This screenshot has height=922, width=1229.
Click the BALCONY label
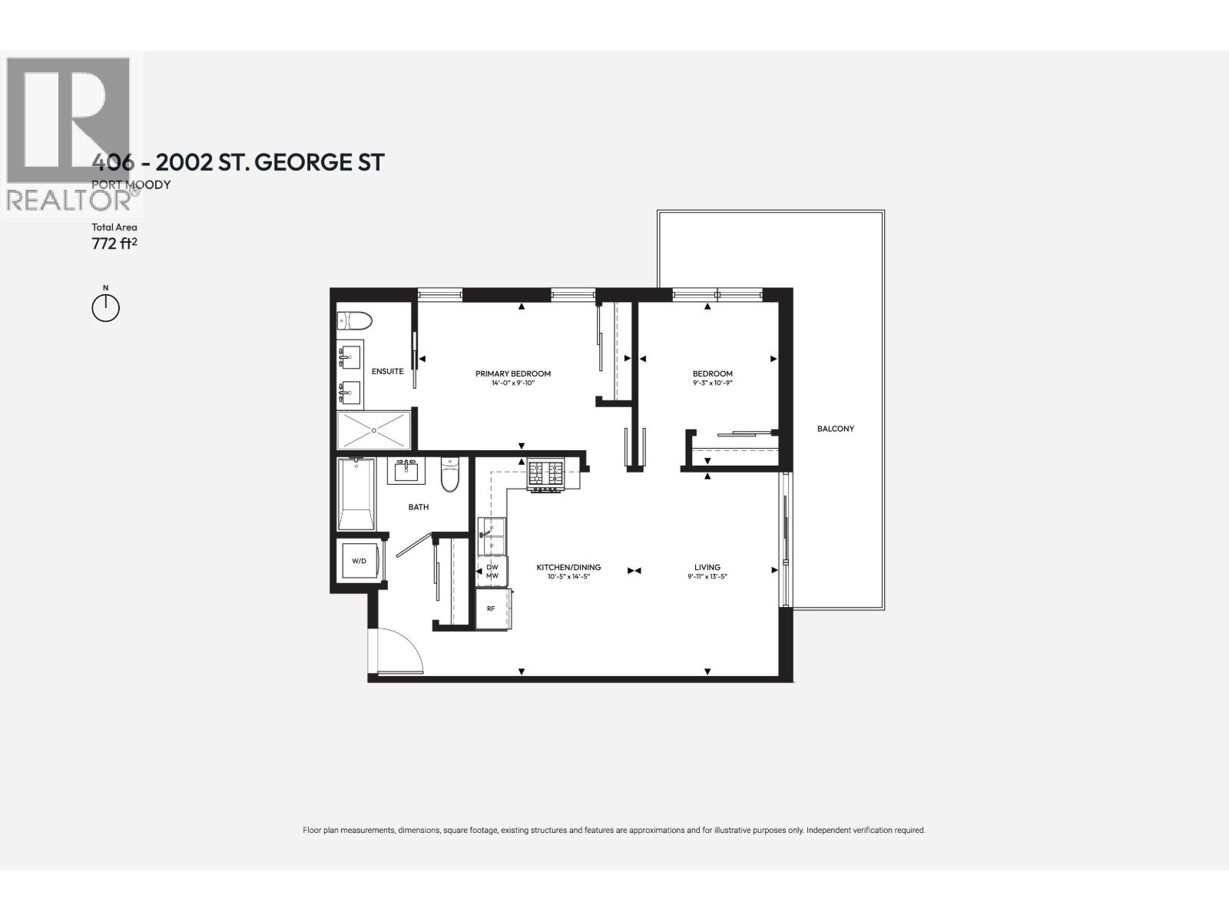coord(835,429)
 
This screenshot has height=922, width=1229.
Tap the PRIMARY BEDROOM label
coord(513,374)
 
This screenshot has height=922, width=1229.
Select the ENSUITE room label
coord(387,371)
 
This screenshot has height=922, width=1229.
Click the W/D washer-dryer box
coord(359,562)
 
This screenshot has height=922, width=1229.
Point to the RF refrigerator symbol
coord(491,609)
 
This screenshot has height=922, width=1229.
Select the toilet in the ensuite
coord(354,320)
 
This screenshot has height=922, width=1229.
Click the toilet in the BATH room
coord(449,474)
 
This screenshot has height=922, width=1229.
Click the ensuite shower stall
coord(374,430)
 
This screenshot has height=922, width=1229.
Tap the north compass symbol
coord(106,307)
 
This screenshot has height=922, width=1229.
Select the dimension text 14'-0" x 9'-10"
coord(513,383)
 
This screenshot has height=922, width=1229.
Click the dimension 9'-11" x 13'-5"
coord(707,576)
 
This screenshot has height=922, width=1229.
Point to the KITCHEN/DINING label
coord(568,568)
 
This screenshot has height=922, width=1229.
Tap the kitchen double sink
coord(492,536)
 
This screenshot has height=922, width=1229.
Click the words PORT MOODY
coord(131,184)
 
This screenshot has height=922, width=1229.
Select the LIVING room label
coord(707,568)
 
